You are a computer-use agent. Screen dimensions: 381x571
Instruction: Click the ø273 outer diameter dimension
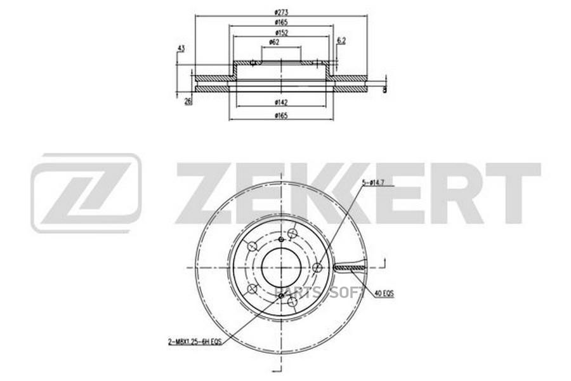(x=279, y=11)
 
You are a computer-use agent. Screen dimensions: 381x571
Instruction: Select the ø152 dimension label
(x=279, y=32)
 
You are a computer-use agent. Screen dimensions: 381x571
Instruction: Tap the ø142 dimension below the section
(x=279, y=102)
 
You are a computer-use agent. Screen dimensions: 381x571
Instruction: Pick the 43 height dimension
(x=181, y=49)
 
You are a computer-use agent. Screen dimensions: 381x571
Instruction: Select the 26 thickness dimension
(x=188, y=101)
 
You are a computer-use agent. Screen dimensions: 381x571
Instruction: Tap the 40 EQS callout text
(x=384, y=293)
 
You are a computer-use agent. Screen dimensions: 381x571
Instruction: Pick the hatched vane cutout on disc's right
(x=346, y=268)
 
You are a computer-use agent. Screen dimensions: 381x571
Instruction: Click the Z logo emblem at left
(x=86, y=192)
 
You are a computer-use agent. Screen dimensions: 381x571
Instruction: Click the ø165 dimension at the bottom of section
(x=279, y=115)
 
